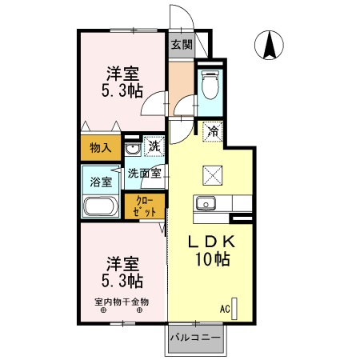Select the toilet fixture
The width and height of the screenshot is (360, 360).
(x=210, y=83)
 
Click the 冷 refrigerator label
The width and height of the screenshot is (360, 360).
(x=213, y=129)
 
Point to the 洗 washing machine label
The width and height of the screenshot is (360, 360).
(x=154, y=147)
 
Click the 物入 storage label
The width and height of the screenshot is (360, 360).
(x=100, y=147)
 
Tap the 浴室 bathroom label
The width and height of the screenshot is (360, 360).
(x=100, y=182)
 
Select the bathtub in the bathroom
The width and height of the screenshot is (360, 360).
(x=101, y=207)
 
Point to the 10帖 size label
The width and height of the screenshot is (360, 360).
(x=212, y=260)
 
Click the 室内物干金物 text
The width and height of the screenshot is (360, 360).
(x=122, y=302)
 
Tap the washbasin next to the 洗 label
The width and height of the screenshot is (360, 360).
(x=133, y=148)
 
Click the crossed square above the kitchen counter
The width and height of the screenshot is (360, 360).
(x=213, y=170)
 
